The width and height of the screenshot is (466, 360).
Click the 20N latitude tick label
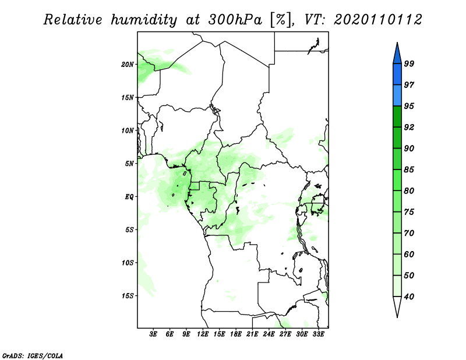128,64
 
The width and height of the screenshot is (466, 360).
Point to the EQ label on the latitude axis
129,196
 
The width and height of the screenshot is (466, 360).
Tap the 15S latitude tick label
128,296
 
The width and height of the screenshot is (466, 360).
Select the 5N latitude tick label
129,164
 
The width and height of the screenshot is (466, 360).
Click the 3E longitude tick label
153,334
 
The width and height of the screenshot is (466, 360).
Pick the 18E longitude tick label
236,334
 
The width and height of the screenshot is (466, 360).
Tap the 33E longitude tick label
318,334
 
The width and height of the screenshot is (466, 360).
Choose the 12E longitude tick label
203,334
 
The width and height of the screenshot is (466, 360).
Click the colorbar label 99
409,63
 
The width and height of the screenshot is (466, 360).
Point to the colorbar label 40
409,297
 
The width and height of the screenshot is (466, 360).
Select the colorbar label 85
409,170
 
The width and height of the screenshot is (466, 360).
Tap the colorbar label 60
409,254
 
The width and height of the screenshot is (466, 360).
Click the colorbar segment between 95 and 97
397,96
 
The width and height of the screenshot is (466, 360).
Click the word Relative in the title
73,20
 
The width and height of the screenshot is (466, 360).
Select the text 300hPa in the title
235,20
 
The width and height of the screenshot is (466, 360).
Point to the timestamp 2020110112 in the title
377,20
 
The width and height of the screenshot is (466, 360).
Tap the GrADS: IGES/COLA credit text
33,355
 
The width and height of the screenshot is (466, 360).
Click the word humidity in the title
144,20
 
